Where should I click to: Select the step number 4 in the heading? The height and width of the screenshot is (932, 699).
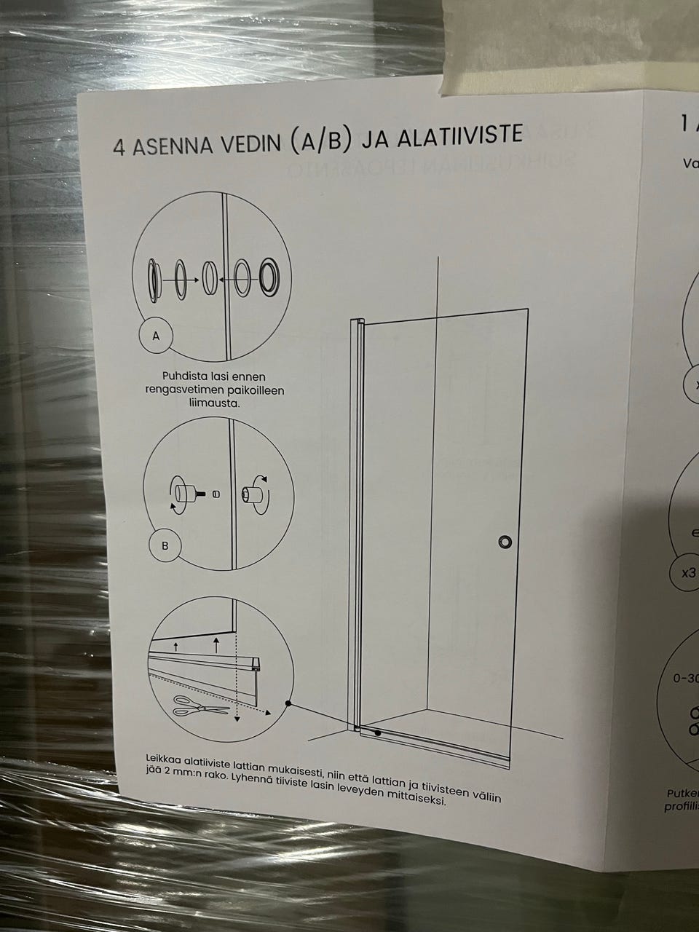coord(119,148)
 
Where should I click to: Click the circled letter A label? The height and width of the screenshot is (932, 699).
coord(156,336)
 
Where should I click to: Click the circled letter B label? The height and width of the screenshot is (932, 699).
coord(165,547)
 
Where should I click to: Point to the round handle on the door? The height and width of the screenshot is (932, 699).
coord(505,542)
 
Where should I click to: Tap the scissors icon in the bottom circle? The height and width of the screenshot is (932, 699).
coord(201,705)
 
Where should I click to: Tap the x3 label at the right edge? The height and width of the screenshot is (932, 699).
coord(687,572)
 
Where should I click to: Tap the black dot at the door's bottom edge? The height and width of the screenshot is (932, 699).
coord(377,733)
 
